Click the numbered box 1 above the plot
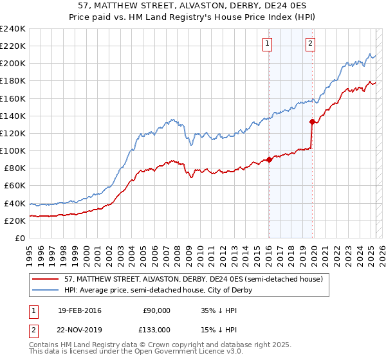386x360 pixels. click(267, 44)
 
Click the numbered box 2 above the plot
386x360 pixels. click(310, 44)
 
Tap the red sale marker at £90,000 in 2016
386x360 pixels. click(269, 160)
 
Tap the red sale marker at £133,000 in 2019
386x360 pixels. click(312, 122)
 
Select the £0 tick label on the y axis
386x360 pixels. click(20, 237)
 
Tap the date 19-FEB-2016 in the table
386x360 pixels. click(79, 310)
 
